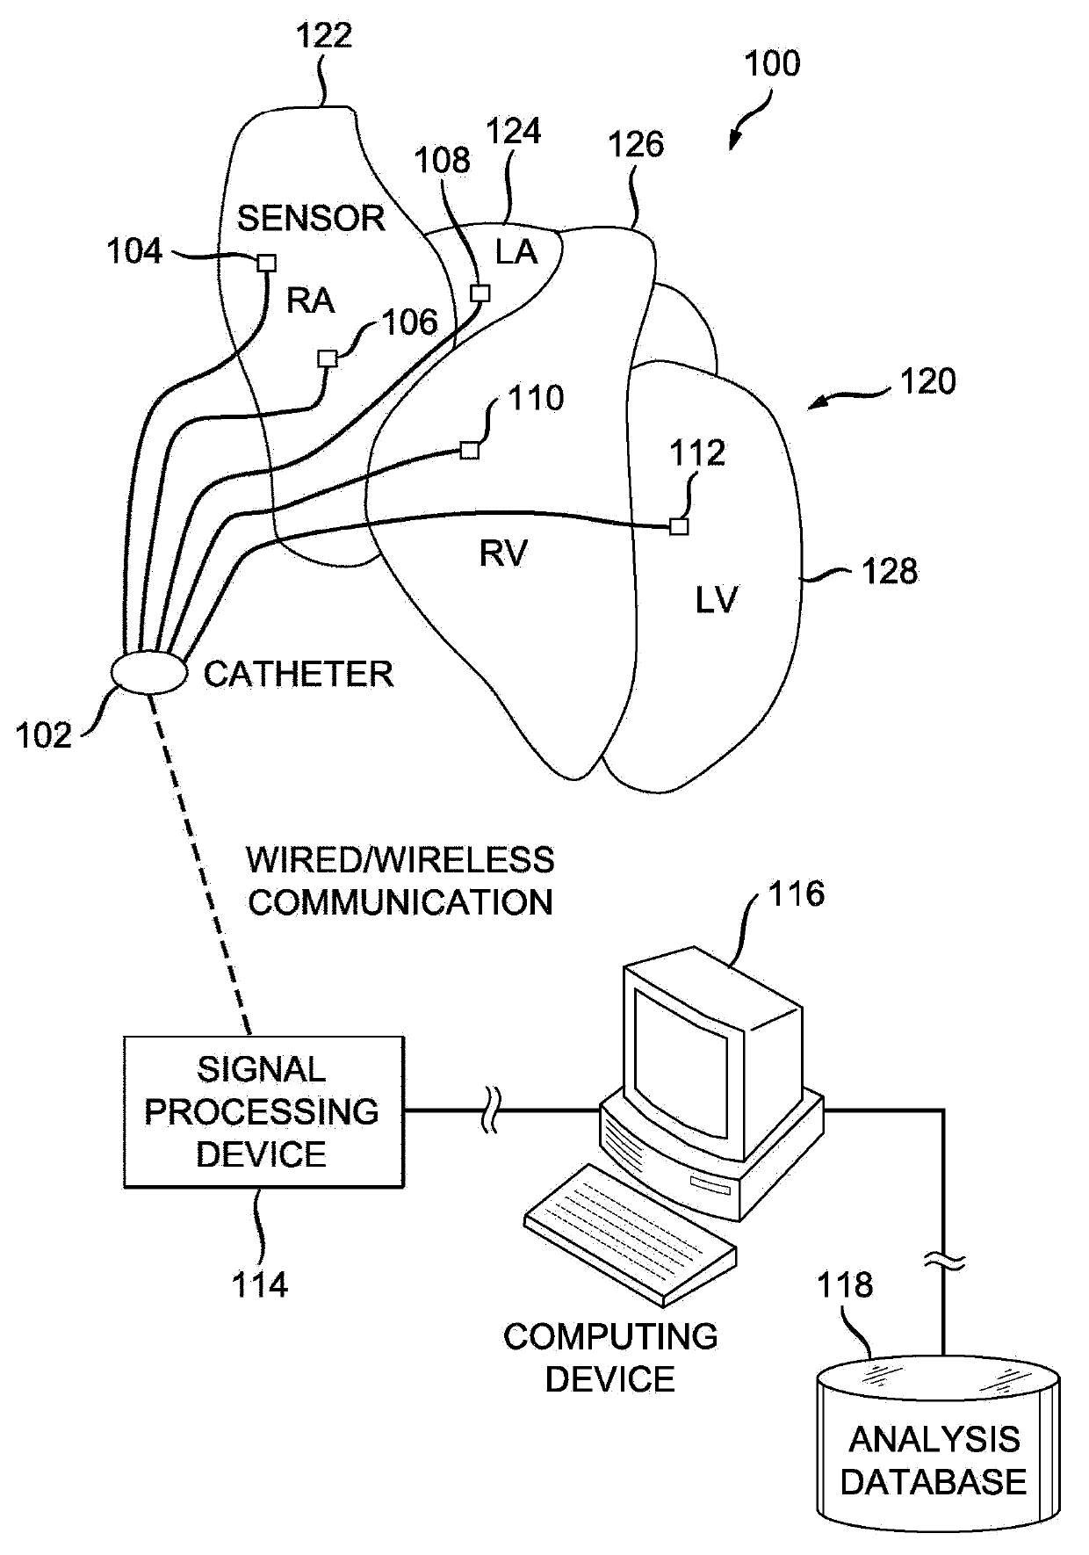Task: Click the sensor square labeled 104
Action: pos(266,263)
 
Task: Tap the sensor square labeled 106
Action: pos(328,358)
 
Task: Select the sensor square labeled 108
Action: pos(480,293)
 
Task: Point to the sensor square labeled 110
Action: pos(470,451)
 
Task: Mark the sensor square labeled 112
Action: pos(678,526)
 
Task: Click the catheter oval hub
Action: pos(149,673)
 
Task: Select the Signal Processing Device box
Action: pos(264,1112)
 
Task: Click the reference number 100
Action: pos(772,64)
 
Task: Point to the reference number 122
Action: pos(323,35)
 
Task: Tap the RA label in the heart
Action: pos(311,300)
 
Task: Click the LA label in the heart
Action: pos(516,252)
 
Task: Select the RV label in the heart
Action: pos(503,553)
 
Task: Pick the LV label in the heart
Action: pos(717,601)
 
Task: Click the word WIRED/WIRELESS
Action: pos(400,860)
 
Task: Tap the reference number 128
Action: pos(890,571)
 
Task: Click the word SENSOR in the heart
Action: pos(311,218)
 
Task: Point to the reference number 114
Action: pos(260,1285)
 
